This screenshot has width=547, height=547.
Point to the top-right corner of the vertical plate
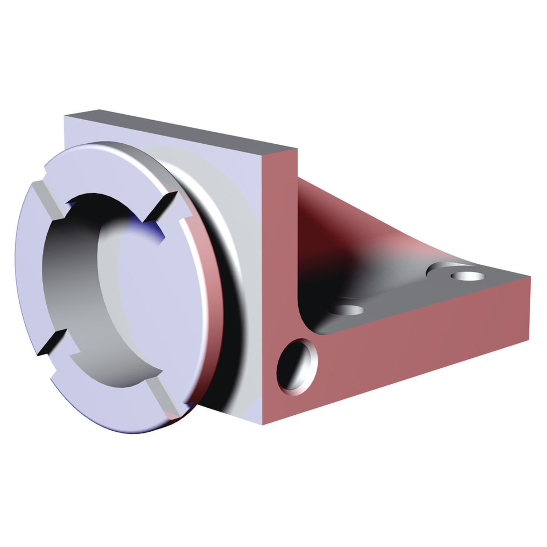pyautogui.click(x=297, y=149)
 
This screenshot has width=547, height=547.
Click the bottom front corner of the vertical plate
pyautogui.click(x=263, y=424)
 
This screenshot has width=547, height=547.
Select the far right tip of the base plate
pyautogui.click(x=530, y=277)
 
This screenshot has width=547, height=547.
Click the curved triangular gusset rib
pyautogui.click(x=365, y=233)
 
